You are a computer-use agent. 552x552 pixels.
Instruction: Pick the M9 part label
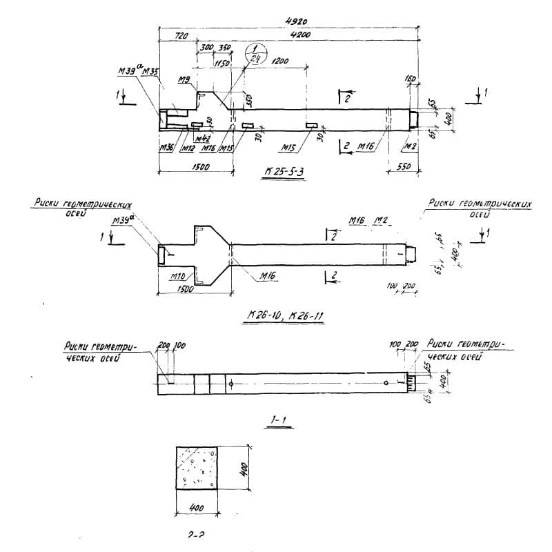pyautogui.click(x=184, y=81)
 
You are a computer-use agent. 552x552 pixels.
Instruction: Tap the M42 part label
pyautogui.click(x=202, y=139)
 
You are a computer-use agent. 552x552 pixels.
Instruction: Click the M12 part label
pyautogui.click(x=186, y=147)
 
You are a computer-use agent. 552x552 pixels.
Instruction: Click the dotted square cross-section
pyautogui.click(x=199, y=467)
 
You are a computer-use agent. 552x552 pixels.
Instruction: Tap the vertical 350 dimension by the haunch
pyautogui.click(x=248, y=99)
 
